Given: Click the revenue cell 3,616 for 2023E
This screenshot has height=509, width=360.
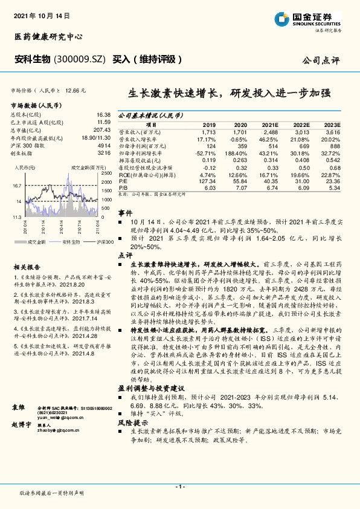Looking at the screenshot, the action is coord(332,131).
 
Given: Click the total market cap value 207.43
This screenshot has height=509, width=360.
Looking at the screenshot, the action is coord(102,129).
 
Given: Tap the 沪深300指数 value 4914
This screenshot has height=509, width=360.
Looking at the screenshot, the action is coord(104,146).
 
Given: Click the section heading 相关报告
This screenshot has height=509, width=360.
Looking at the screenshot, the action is coord(28,267).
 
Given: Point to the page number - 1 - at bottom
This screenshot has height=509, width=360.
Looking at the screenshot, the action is coord(180,486).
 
